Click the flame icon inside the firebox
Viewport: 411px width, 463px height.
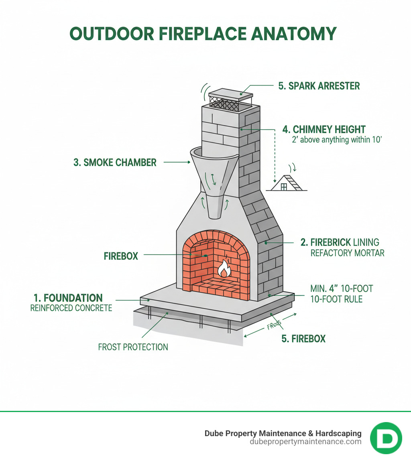224,269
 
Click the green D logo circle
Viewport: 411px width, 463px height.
386,438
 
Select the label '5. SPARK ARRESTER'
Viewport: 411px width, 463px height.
319,86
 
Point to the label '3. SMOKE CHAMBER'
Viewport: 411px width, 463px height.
115,162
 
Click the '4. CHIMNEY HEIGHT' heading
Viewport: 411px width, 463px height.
324,130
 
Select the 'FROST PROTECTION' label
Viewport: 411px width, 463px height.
133,347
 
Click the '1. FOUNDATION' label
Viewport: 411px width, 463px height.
68,298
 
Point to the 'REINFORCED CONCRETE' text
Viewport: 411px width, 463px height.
71,308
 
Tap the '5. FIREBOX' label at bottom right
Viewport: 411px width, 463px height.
303,339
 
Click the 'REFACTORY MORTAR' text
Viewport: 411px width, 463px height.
347,253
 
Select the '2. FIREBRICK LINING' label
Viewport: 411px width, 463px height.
340,242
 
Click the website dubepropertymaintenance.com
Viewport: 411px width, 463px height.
305,442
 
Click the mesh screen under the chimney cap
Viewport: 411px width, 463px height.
224,105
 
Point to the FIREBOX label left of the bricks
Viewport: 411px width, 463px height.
121,256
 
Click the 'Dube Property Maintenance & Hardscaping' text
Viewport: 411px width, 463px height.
283,433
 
